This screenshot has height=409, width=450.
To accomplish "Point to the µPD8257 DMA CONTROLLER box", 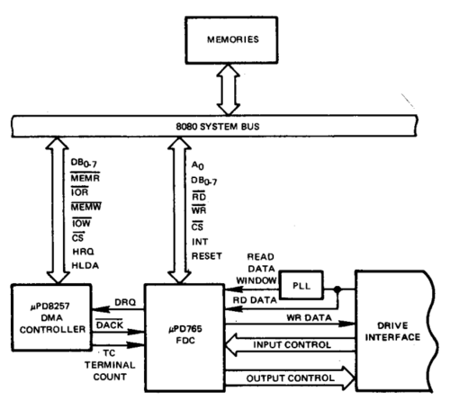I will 52,316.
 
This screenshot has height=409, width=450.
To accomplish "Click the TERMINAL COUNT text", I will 106,363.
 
